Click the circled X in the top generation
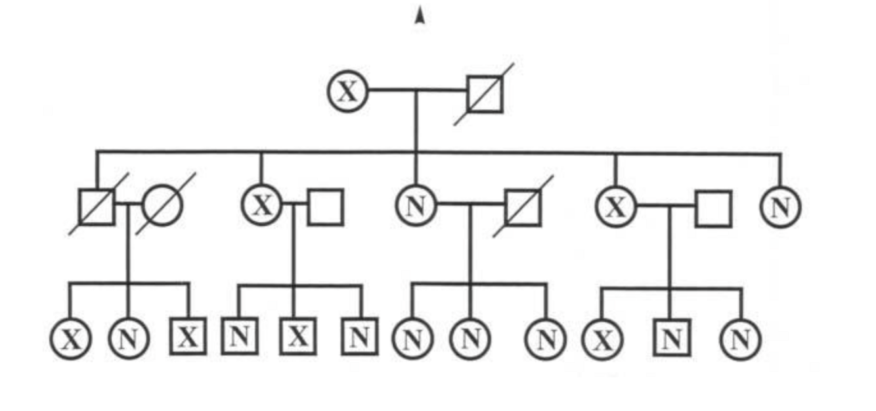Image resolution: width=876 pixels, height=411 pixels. pyautogui.click(x=347, y=91)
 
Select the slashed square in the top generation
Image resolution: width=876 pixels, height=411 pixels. pyautogui.click(x=485, y=94)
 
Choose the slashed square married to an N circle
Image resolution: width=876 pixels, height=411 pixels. pyautogui.click(x=523, y=206)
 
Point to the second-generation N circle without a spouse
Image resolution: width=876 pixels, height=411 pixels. pyautogui.click(x=780, y=206)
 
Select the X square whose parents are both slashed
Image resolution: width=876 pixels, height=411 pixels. pyautogui.click(x=188, y=337)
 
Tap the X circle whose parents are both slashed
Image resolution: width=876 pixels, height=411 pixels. pyautogui.click(x=71, y=339)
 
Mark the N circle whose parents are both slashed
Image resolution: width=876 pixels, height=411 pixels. pyautogui.click(x=129, y=339)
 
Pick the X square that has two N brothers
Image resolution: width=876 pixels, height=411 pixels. pyautogui.click(x=298, y=337)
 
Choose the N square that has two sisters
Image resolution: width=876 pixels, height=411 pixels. pyautogui.click(x=671, y=339)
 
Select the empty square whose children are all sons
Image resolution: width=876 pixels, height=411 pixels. pyautogui.click(x=326, y=206)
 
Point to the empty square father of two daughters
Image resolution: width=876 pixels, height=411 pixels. pyautogui.click(x=713, y=208)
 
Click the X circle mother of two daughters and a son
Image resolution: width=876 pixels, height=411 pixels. pyautogui.click(x=615, y=206)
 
